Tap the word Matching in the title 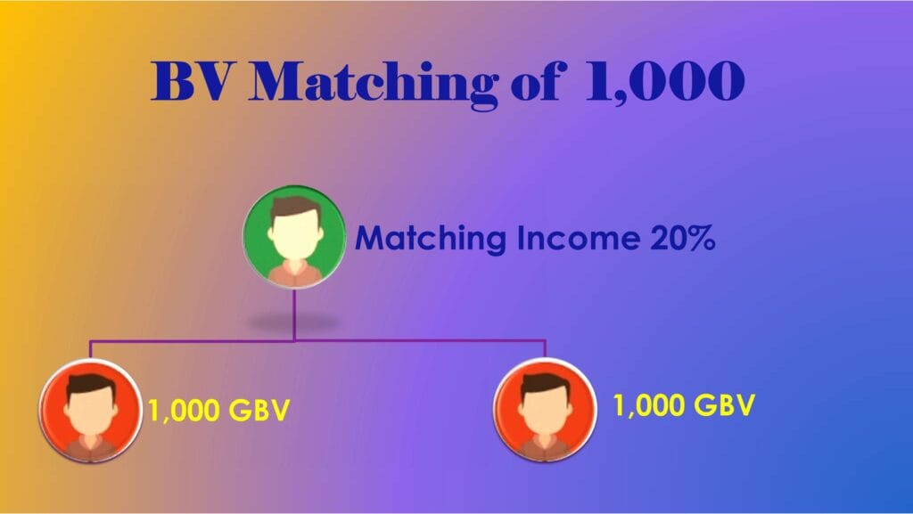tap(374, 85)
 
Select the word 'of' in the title tap(538, 81)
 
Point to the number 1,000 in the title tap(664, 82)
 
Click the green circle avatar tap(294, 237)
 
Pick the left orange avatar tap(90, 411)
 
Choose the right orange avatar tap(545, 410)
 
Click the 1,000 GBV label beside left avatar tap(219, 411)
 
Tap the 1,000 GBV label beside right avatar tap(684, 405)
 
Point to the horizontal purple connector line tap(317, 340)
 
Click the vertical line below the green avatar tap(294, 314)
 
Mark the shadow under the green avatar tap(294, 322)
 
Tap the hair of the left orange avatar tap(91, 386)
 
